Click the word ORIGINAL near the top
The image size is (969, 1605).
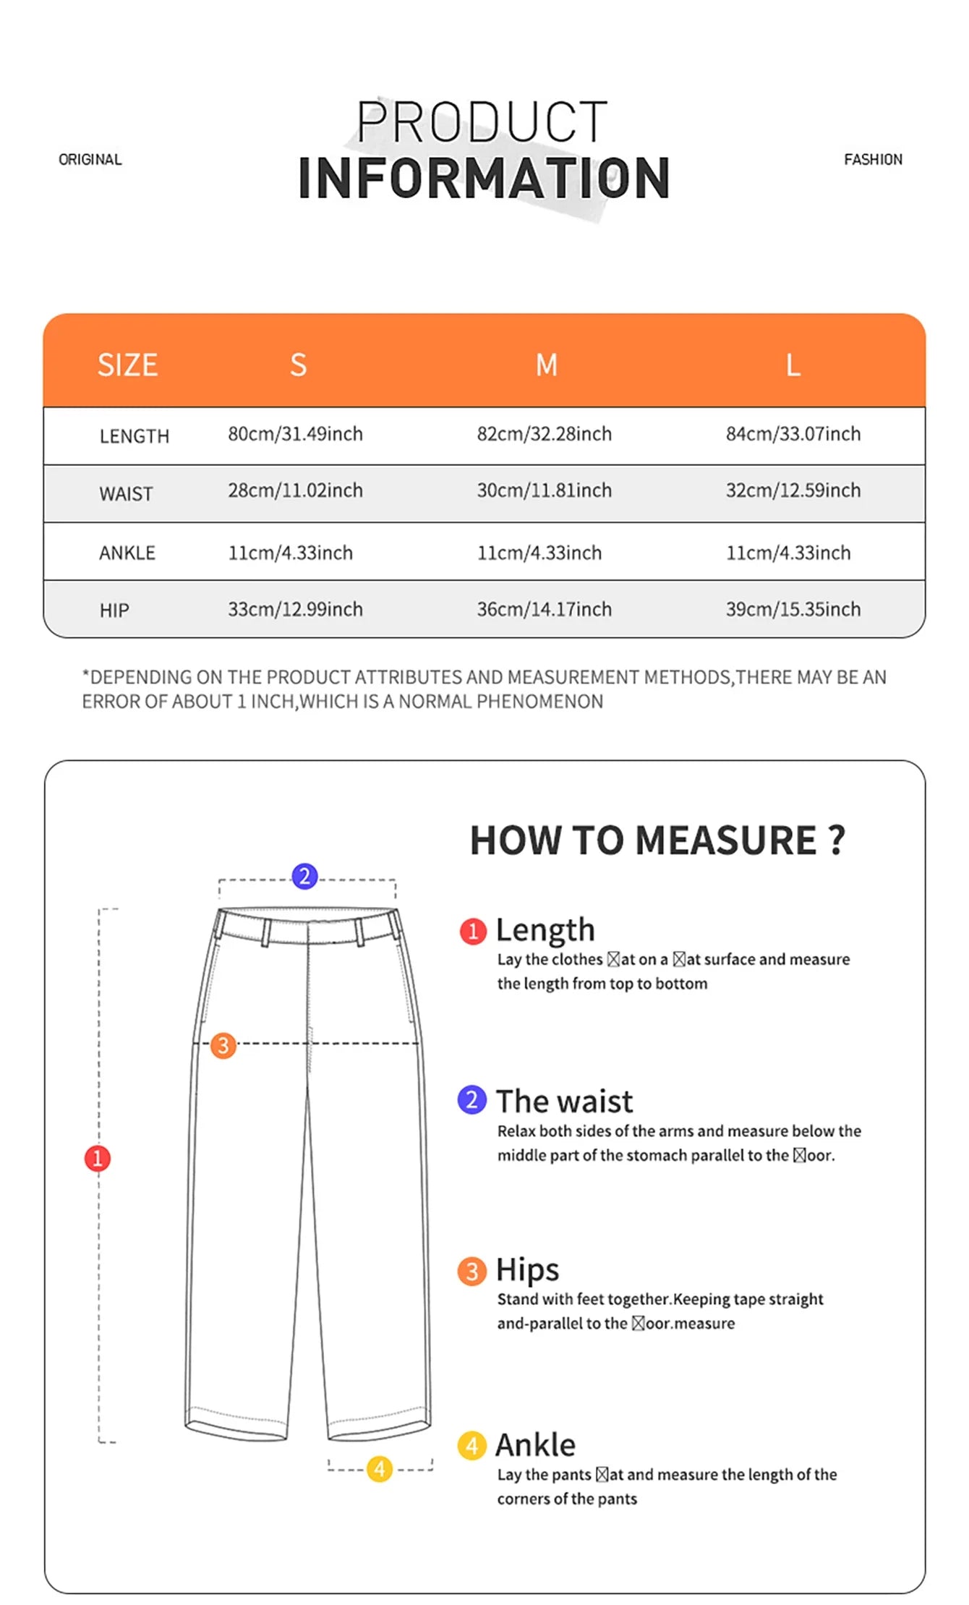click(90, 159)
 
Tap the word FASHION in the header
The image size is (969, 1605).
click(873, 159)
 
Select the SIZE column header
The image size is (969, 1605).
click(127, 365)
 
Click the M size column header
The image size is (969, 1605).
click(547, 365)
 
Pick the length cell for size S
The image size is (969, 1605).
click(295, 434)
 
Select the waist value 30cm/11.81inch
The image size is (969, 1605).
click(544, 490)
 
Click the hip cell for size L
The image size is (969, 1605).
click(793, 609)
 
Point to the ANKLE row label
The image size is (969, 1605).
click(127, 553)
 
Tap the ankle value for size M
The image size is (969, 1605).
click(539, 553)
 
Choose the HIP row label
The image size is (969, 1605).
click(114, 610)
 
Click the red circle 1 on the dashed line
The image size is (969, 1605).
click(98, 1158)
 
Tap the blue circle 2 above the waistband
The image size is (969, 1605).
click(304, 876)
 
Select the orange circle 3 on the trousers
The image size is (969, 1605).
click(223, 1045)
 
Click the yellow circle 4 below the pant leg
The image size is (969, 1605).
click(379, 1469)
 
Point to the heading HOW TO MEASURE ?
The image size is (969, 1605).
click(657, 840)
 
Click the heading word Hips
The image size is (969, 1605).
click(527, 1269)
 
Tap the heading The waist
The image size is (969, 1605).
click(564, 1101)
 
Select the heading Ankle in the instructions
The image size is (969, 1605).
click(535, 1445)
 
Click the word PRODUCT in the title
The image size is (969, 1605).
click(482, 122)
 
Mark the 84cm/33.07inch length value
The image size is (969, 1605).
click(793, 434)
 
